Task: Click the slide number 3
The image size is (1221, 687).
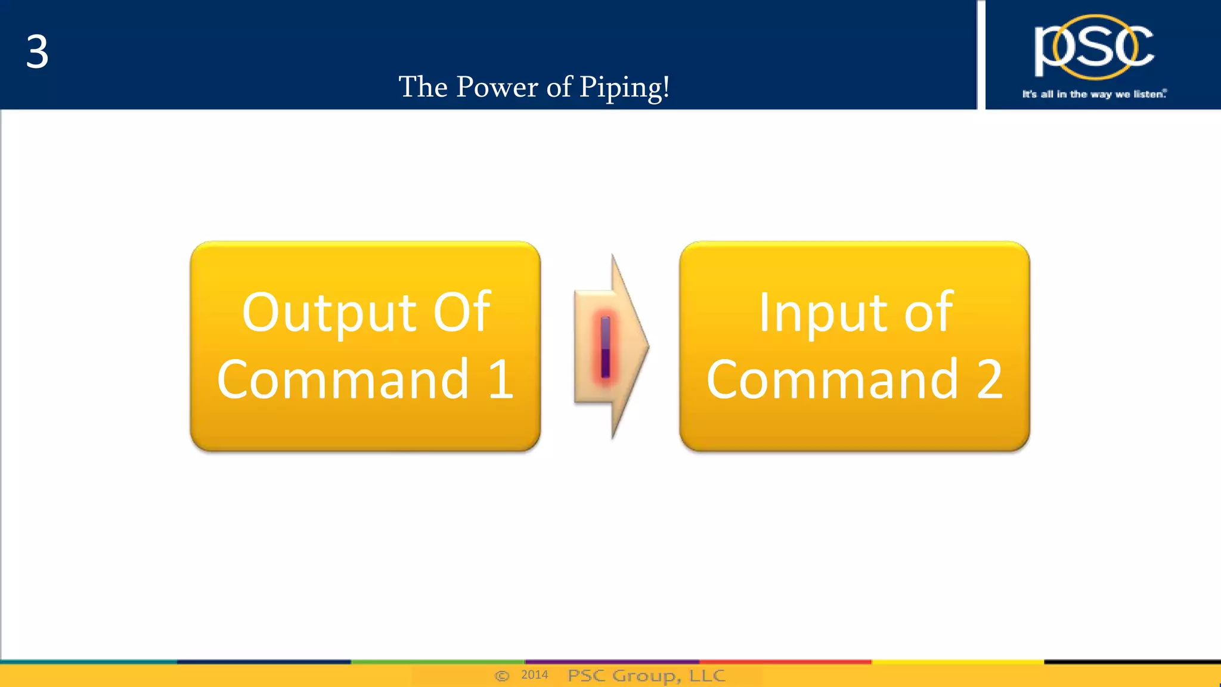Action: pyautogui.click(x=37, y=52)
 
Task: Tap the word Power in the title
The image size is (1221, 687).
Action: pyautogui.click(x=497, y=87)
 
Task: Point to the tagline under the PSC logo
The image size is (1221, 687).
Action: pyautogui.click(x=1094, y=94)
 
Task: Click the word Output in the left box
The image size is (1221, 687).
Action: pyautogui.click(x=329, y=312)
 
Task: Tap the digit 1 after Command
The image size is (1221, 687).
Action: pyautogui.click(x=500, y=379)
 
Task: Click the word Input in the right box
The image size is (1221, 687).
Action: pyautogui.click(x=822, y=312)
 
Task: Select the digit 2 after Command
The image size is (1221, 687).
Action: pyautogui.click(x=989, y=379)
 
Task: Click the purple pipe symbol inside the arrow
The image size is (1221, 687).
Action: pyautogui.click(x=605, y=347)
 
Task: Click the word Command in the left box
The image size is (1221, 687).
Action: pyautogui.click(x=343, y=379)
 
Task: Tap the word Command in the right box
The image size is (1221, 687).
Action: pyautogui.click(x=832, y=379)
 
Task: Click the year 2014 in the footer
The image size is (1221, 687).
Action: pyautogui.click(x=534, y=675)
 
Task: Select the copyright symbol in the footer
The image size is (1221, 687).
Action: pyautogui.click(x=502, y=676)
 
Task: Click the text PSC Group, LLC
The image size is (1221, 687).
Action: pyautogui.click(x=646, y=676)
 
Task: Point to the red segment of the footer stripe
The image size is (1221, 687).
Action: pyautogui.click(x=785, y=661)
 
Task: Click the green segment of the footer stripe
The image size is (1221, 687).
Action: pyautogui.click(x=437, y=661)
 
